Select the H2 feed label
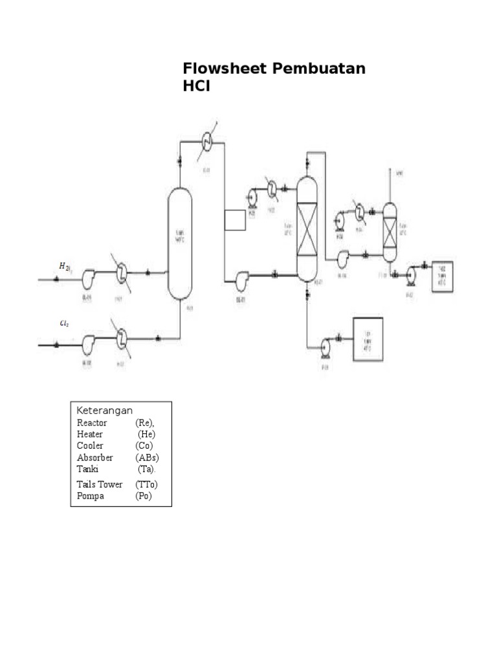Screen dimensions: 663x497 pos(64,266)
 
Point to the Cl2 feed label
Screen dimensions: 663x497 pos(64,323)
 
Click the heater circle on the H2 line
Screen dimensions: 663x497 pos(122,275)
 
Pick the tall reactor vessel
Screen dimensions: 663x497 pos(180,243)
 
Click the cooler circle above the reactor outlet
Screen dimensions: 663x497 pos(207,141)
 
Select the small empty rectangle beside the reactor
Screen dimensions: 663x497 pos(235,220)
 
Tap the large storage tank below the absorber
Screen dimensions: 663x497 pos(367,339)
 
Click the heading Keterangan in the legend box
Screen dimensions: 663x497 pos(105,410)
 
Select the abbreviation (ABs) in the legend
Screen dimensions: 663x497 pos(147,457)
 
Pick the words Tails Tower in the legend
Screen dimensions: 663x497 pos(99,484)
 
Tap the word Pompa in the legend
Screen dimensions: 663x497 pos(91,496)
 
